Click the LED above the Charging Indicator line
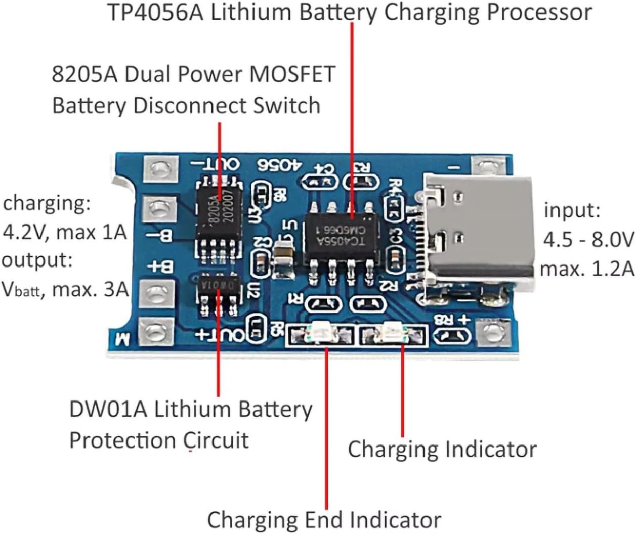coord(392,332)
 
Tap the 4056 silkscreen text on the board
coord(279,165)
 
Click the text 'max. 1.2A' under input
coord(587,268)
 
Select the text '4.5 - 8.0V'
coord(588,239)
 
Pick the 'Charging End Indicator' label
coord(324,519)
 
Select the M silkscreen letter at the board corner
coord(122,338)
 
